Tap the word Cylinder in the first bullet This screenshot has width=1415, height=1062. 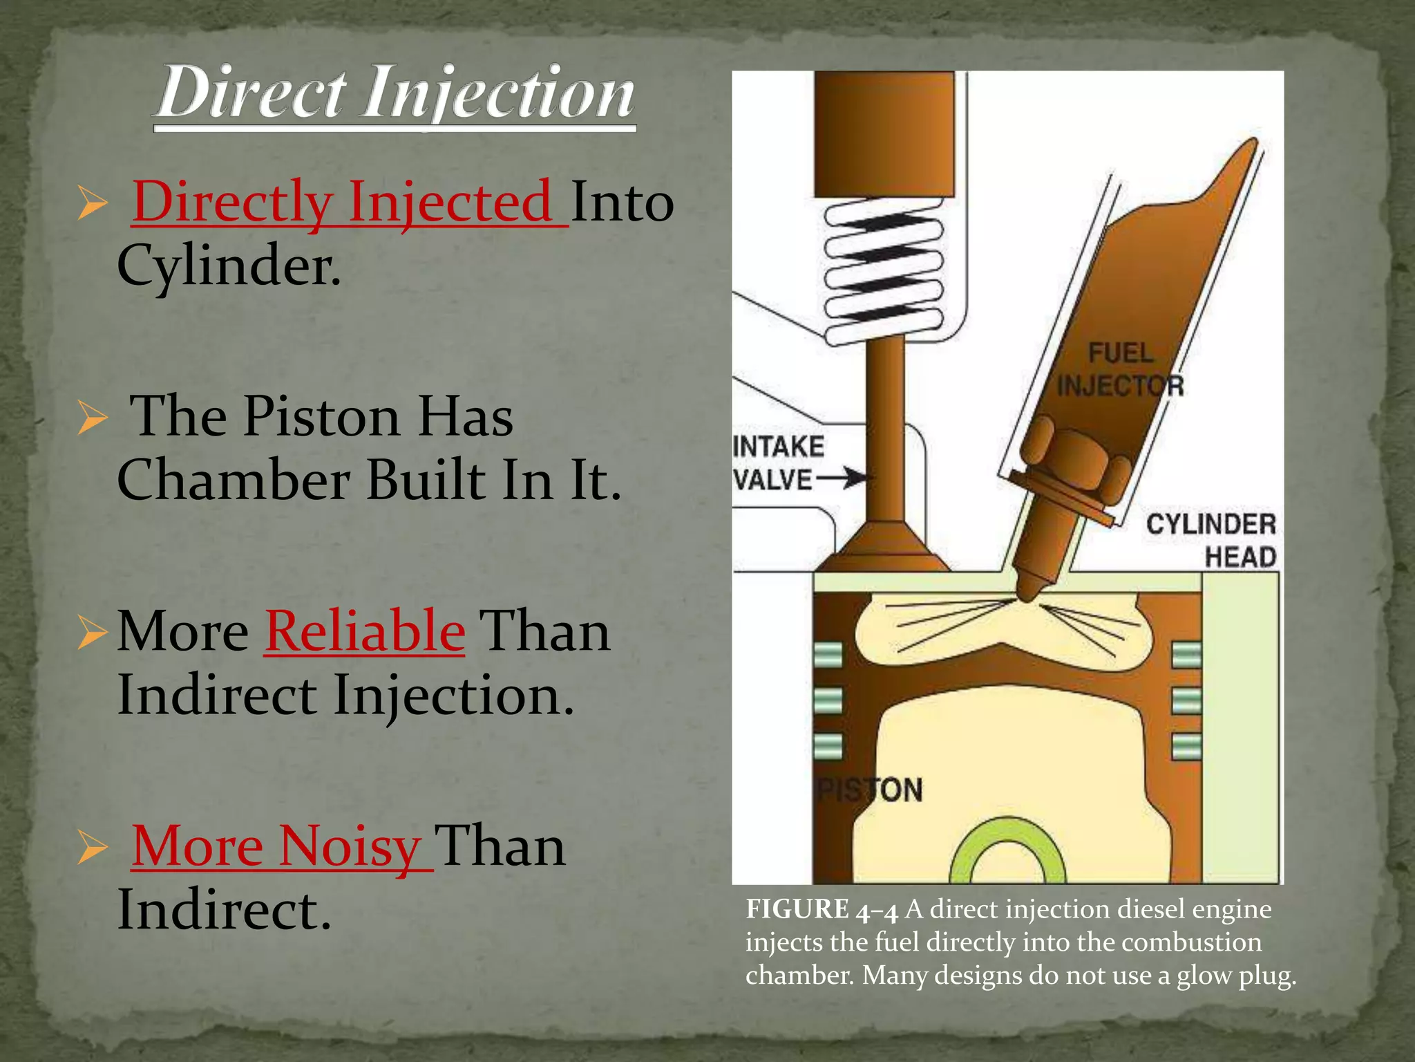coord(229,266)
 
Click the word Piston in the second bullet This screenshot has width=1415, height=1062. coord(322,417)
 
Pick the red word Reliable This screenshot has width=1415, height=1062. coord(365,631)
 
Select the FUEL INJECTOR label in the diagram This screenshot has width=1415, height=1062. coord(1120,370)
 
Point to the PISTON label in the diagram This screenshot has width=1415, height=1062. coord(869,790)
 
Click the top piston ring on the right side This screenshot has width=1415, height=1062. coord(1187,654)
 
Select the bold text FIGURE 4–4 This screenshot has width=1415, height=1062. coord(822,910)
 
